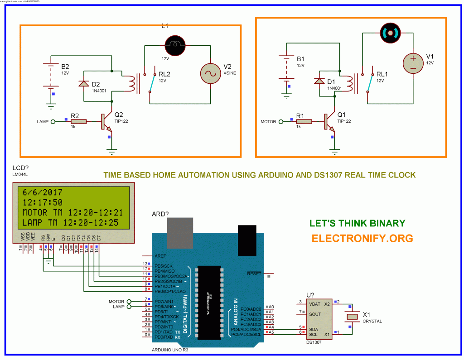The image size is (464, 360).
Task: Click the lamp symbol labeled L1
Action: point(174,44)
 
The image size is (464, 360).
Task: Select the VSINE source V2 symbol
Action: point(212,73)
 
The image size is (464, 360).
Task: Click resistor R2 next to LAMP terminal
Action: point(78,121)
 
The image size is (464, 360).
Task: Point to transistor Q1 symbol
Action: point(329,121)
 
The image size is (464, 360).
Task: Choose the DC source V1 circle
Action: point(413,62)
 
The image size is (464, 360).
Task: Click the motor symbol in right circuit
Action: point(391,32)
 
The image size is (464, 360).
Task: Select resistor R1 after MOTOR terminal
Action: point(303,121)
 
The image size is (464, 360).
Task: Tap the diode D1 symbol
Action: point(319,81)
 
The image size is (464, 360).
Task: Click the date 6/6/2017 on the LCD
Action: point(43,192)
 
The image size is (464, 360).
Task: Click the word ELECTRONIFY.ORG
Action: point(362,238)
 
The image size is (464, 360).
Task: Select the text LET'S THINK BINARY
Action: point(357,223)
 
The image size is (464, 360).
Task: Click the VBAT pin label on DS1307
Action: point(315,303)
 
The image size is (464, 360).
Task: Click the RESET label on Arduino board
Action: point(254,274)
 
